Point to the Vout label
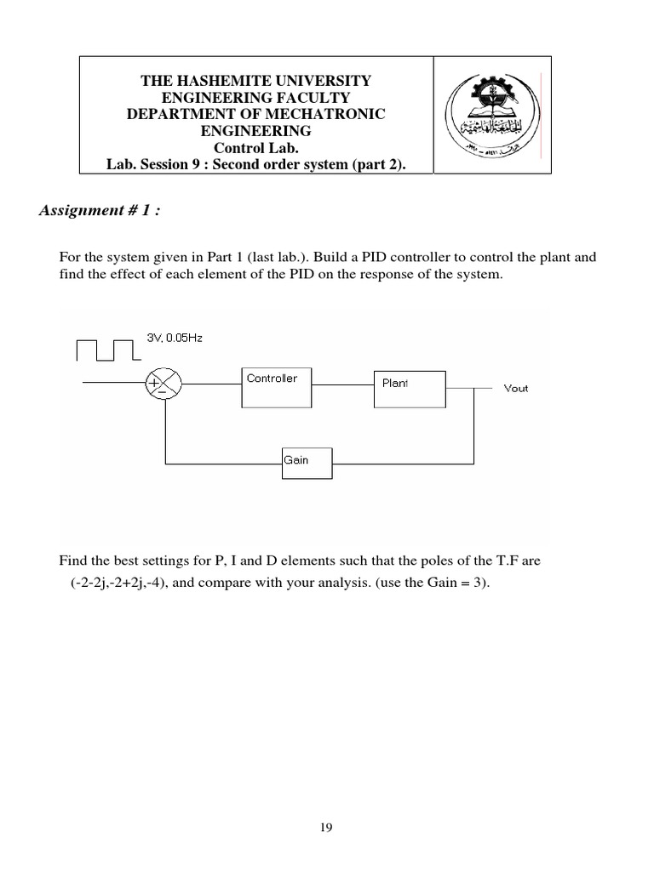(x=516, y=388)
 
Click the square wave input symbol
(x=106, y=350)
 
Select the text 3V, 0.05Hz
(x=175, y=337)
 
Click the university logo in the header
(x=491, y=115)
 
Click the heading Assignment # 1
(x=99, y=211)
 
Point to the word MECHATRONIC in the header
(x=331, y=115)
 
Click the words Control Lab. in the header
(x=255, y=148)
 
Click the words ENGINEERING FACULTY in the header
(x=256, y=98)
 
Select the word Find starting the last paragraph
(x=72, y=561)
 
